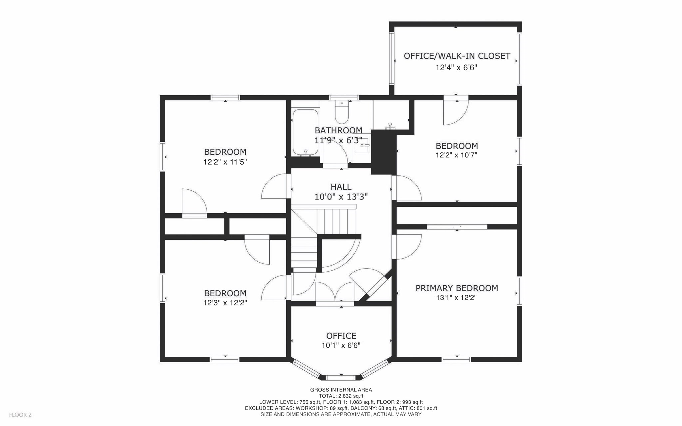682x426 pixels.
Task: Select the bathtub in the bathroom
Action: [305, 133]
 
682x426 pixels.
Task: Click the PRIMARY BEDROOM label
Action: [457, 288]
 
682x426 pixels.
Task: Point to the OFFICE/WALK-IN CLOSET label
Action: [457, 56]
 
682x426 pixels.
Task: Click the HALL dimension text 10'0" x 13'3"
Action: [341, 197]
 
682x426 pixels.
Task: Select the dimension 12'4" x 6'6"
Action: [456, 68]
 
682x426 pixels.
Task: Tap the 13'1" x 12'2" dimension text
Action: [456, 298]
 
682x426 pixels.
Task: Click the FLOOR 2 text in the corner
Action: [20, 415]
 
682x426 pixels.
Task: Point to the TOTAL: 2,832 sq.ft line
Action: [341, 396]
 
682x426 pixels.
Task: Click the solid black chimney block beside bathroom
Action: [383, 152]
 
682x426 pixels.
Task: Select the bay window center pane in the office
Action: [341, 377]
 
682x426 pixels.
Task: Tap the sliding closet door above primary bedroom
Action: [457, 227]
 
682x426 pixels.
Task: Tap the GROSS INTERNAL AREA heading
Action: [341, 390]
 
